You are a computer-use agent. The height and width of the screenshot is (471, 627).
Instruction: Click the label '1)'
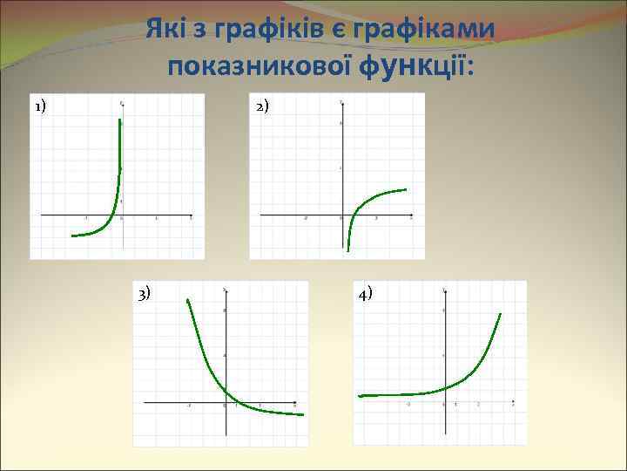click(x=41, y=107)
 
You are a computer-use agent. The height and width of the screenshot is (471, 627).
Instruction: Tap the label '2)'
click(x=263, y=107)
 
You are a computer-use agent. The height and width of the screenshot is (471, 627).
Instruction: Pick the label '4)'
click(x=365, y=293)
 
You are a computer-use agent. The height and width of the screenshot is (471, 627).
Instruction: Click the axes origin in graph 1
click(x=121, y=215)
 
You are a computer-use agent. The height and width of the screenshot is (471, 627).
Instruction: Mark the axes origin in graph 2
click(x=341, y=215)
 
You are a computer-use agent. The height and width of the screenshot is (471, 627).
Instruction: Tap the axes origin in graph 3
click(x=225, y=403)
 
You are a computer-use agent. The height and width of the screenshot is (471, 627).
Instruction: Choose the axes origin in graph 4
click(x=444, y=403)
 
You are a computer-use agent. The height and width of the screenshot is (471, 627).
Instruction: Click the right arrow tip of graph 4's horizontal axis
click(x=515, y=403)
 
